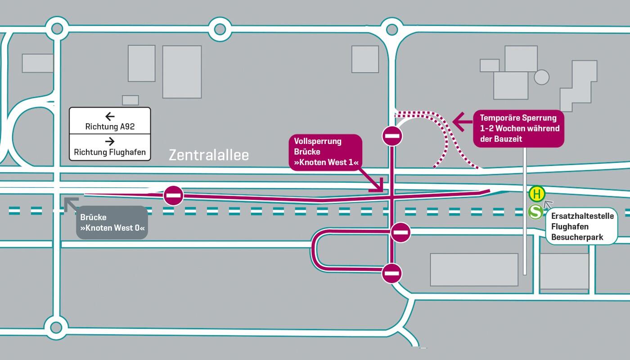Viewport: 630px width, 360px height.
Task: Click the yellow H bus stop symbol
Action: click(x=536, y=194)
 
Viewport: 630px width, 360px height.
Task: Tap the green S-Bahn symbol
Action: click(x=535, y=211)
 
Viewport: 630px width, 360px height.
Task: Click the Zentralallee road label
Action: click(x=209, y=156)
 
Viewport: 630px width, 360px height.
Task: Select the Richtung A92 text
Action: click(x=110, y=127)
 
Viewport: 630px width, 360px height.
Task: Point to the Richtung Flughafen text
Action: click(x=110, y=152)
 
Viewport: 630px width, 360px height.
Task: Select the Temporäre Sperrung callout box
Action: click(x=518, y=129)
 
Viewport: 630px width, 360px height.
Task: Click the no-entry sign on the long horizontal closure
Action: click(x=173, y=195)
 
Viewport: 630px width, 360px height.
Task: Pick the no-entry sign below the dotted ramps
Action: click(x=392, y=136)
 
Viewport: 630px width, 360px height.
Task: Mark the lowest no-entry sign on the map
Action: click(x=392, y=273)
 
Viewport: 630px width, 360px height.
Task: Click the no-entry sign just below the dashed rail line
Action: click(x=400, y=232)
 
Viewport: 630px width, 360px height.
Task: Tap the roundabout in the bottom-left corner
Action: click(x=56, y=327)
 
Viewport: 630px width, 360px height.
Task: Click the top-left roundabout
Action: click(x=57, y=29)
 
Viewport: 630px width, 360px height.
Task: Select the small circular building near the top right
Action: click(x=542, y=77)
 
